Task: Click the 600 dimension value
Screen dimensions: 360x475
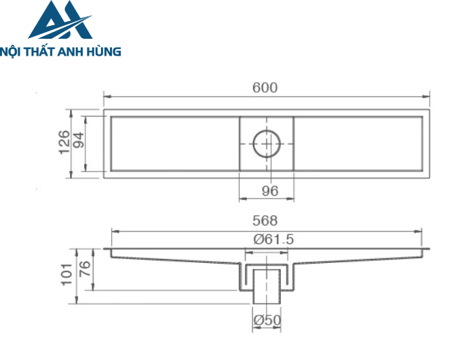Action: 265,88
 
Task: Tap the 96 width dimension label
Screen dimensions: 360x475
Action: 270,191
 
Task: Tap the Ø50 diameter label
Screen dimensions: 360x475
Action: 267,320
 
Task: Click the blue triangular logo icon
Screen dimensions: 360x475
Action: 60,20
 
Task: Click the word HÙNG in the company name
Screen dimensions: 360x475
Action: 106,51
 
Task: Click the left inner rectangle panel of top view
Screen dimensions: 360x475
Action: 174,143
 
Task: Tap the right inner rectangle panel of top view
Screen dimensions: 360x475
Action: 359,143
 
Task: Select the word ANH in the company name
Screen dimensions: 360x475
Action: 76,51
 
